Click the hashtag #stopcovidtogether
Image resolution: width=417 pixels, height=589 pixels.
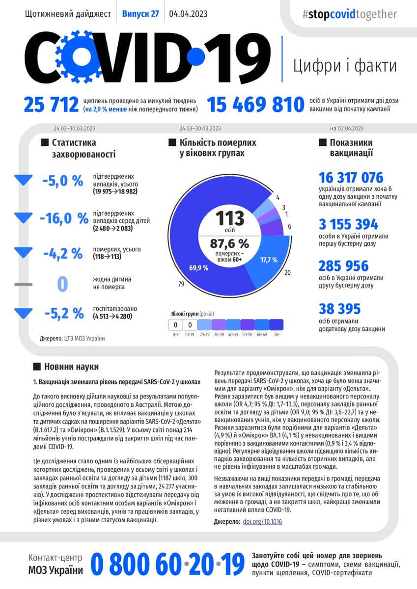pyautogui.click(x=350, y=14)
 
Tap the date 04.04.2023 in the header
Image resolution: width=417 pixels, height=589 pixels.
pyautogui.click(x=188, y=14)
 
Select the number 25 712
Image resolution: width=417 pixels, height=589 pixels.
pyautogui.click(x=51, y=105)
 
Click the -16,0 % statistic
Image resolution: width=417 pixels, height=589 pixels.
pyautogui.click(x=64, y=217)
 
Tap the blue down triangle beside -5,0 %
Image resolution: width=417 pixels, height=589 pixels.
pyautogui.click(x=23, y=180)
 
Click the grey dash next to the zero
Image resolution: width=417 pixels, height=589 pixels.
pyautogui.click(x=23, y=284)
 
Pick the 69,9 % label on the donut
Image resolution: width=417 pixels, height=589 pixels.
pyautogui.click(x=198, y=268)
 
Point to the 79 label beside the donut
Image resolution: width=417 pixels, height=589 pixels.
pyautogui.click(x=181, y=284)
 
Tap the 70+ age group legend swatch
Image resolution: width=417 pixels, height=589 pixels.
pyautogui.click(x=277, y=325)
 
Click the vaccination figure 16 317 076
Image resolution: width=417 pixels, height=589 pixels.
pyautogui.click(x=351, y=177)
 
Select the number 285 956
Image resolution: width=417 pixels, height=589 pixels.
pyautogui.click(x=343, y=266)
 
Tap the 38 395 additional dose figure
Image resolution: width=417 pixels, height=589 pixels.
pyautogui.click(x=339, y=309)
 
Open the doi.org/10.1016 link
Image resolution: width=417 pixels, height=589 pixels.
pyautogui.click(x=262, y=522)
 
